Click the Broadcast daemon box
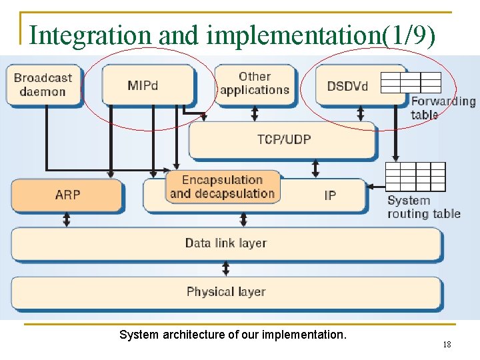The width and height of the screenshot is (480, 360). pos(43,84)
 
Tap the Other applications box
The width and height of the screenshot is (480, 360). pos(254,83)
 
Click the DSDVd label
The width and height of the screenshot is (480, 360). pos(347,86)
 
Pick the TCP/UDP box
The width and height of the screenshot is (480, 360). pos(283,139)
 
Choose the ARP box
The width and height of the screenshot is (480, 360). pos(67,195)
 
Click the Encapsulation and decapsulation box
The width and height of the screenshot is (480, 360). pos(222,187)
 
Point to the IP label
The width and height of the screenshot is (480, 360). pos(330,195)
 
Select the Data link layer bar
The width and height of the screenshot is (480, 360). pos(226,243)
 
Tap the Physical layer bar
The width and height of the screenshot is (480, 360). pos(226,292)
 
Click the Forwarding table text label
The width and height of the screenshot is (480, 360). pos(443,108)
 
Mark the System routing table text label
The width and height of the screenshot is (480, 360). pos(424,207)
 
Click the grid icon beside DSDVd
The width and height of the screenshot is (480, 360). pos(411,82)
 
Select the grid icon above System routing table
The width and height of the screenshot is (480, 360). pos(415,177)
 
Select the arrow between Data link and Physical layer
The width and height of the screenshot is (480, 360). pos(226,268)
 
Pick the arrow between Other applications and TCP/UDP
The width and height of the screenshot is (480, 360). pos(254,113)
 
